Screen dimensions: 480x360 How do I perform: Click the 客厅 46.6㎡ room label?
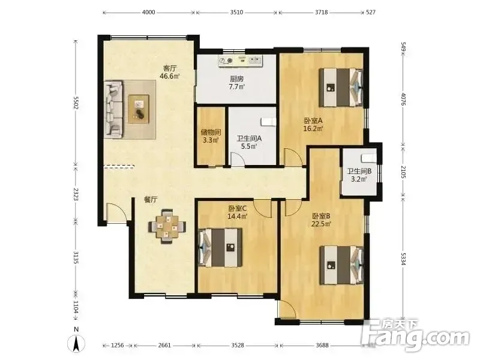(x=170, y=72)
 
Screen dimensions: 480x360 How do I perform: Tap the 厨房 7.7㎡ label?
(x=236, y=83)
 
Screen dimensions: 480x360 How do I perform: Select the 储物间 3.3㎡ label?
(x=211, y=136)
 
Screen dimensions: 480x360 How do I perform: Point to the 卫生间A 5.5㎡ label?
(x=249, y=142)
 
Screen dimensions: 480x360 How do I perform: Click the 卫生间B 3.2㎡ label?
(x=359, y=175)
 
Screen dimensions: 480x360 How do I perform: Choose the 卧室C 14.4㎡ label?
(x=238, y=212)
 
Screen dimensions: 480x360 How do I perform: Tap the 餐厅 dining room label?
(x=151, y=200)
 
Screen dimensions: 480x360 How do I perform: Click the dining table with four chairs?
(x=167, y=227)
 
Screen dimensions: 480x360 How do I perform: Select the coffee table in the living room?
(x=139, y=109)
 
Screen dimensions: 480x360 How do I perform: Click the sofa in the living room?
(x=114, y=109)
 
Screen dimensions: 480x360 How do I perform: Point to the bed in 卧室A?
(x=341, y=87)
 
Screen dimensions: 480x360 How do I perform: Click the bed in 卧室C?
(x=220, y=247)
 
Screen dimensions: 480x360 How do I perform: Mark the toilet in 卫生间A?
(x=268, y=122)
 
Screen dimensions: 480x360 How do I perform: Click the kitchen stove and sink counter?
(x=241, y=61)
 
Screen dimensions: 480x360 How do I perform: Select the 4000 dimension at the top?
(x=148, y=12)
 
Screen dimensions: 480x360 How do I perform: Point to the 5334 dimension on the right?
(x=403, y=259)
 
